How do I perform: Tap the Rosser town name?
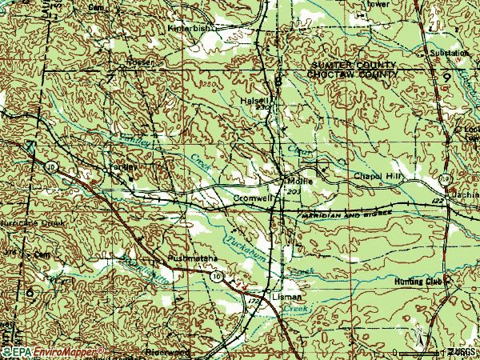click(x=139, y=62)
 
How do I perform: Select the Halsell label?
click(x=253, y=101)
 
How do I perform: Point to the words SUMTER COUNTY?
click(x=353, y=64)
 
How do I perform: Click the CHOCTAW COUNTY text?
click(x=352, y=74)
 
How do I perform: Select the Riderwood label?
click(x=166, y=351)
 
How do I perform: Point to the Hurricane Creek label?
click(x=23, y=223)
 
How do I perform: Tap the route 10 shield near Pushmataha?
click(x=217, y=275)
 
